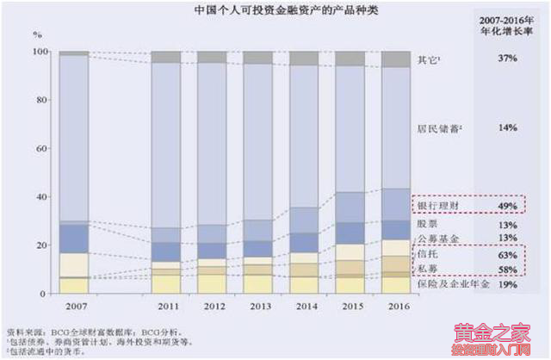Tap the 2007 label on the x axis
click(74, 307)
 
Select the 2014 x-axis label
click(303, 307)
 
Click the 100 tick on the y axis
click(36, 53)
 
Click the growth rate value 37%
click(506, 59)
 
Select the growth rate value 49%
click(506, 207)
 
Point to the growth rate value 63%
click(506, 256)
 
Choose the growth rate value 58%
click(506, 270)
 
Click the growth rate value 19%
click(506, 284)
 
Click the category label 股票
click(427, 225)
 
